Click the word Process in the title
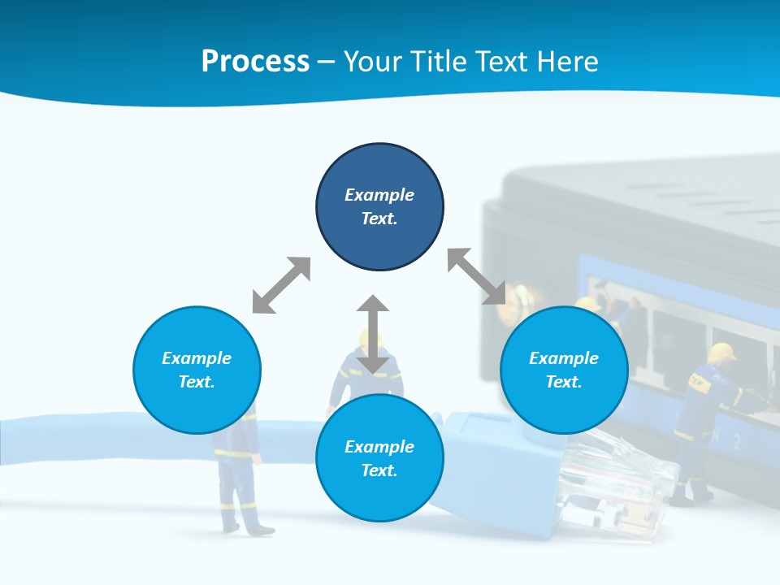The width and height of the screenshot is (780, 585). [x=255, y=62]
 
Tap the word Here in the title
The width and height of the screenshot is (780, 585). [x=566, y=62]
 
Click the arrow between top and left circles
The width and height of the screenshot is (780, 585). [x=281, y=285]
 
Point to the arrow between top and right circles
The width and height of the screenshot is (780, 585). [x=476, y=276]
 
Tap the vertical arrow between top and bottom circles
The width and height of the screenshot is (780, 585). [x=373, y=334]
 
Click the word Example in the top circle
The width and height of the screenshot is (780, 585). [x=379, y=195]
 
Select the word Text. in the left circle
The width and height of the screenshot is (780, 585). [x=197, y=382]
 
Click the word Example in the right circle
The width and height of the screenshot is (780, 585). [x=564, y=358]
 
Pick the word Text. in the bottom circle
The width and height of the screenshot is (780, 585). [x=379, y=470]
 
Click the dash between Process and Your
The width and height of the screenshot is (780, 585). [x=326, y=62]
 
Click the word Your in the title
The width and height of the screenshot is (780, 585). [x=373, y=62]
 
